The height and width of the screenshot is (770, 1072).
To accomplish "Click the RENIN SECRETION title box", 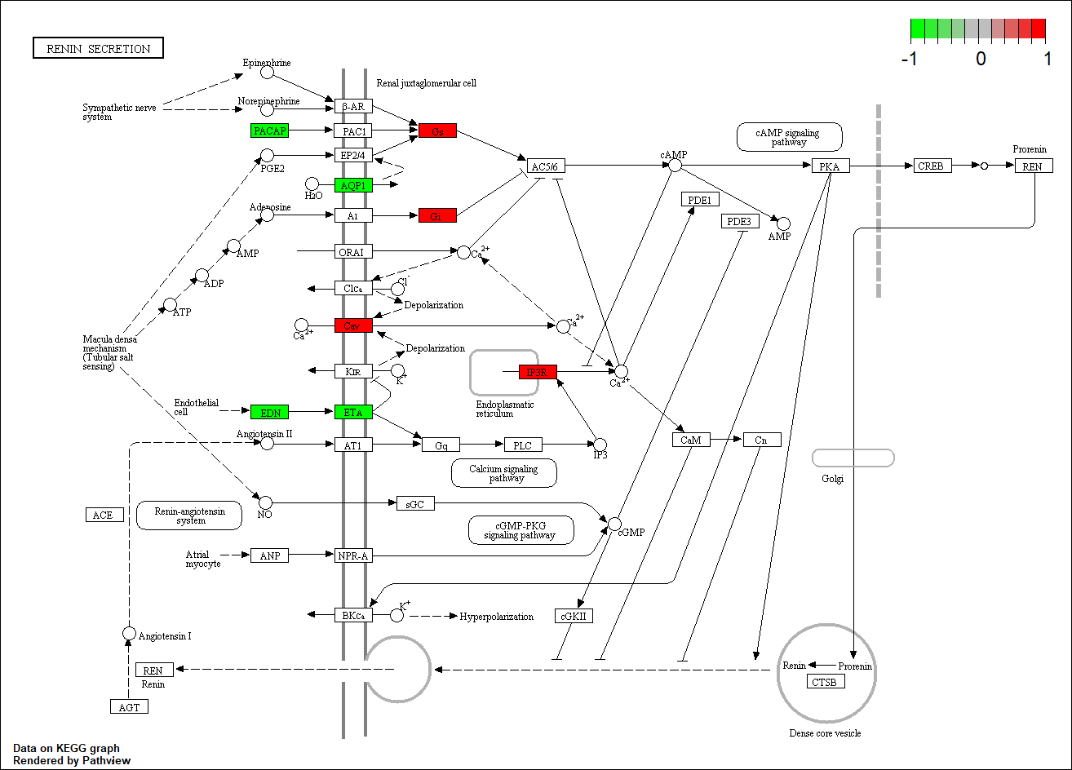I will coord(98,48).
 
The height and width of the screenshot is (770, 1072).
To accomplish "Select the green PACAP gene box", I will coord(269,131).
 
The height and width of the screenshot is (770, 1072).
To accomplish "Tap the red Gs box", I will coord(437,131).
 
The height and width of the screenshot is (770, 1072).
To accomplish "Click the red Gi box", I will coord(437,215).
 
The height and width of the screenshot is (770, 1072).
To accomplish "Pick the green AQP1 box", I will coord(353,185).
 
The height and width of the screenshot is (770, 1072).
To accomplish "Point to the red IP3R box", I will coord(538,372).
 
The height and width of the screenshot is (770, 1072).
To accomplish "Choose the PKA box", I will coord(831,166).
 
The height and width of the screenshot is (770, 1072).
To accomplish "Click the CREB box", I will coord(930,166).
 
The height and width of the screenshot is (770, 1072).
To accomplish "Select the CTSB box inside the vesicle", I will coord(825,682).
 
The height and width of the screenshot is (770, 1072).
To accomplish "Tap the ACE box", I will coord(104,515).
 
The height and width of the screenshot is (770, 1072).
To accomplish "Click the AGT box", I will coord(129,707).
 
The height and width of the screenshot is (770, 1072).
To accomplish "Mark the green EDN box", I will coord(269,413).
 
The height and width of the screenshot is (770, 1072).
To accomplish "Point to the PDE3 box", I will coord(740,222).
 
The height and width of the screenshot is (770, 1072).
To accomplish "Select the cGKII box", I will coord(574,616).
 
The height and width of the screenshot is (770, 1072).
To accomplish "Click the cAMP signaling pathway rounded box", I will coord(789,137).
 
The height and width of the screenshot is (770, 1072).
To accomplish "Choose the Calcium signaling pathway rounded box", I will coord(504,473).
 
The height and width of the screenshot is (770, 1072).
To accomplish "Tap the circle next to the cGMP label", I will coord(614,524).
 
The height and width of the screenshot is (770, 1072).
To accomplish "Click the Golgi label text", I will coord(832,478).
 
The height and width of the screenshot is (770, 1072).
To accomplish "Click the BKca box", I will coord(353,615).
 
